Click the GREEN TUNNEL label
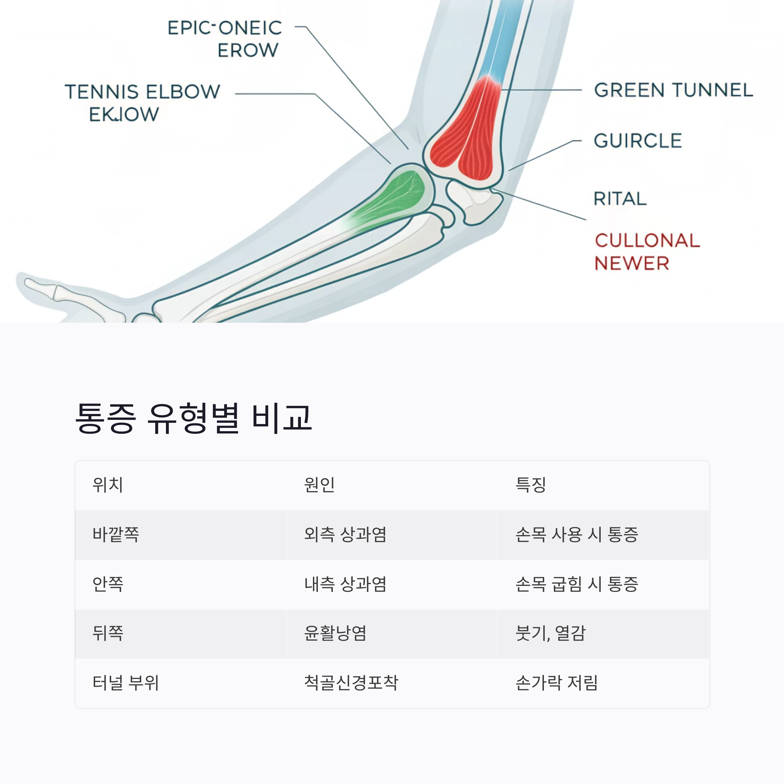673,90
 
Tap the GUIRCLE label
638,141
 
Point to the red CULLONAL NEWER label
647,252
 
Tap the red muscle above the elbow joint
467,130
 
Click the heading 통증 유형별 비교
194,418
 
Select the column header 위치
108,484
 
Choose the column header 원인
319,484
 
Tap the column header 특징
531,484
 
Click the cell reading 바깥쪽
116,534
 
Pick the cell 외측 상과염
345,534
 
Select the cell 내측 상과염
345,584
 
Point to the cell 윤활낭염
335,633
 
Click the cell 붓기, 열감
550,633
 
